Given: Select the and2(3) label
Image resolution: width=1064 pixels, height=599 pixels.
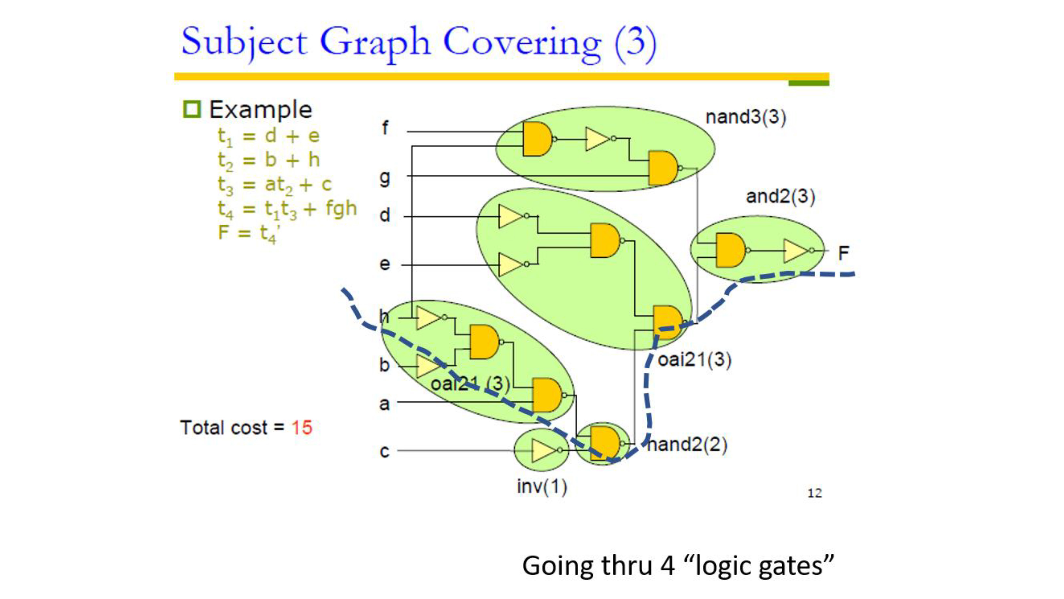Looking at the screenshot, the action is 780,196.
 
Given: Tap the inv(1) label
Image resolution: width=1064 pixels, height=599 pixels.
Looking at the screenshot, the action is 542,487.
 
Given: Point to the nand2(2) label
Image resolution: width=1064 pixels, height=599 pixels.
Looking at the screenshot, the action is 687,445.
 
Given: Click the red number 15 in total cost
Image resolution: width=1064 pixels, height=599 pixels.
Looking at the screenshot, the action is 302,428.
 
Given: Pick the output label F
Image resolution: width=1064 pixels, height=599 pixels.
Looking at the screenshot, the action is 843,253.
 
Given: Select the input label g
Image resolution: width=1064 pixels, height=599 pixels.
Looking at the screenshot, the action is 385,178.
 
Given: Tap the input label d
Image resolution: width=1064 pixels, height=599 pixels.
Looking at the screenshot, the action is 385,215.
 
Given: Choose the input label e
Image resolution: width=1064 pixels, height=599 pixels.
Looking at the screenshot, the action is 385,264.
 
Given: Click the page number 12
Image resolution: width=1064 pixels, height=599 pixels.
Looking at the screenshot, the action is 814,493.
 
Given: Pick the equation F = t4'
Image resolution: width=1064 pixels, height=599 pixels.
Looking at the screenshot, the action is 250,233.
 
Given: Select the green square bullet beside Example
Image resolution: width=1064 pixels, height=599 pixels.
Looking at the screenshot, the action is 192,109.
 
